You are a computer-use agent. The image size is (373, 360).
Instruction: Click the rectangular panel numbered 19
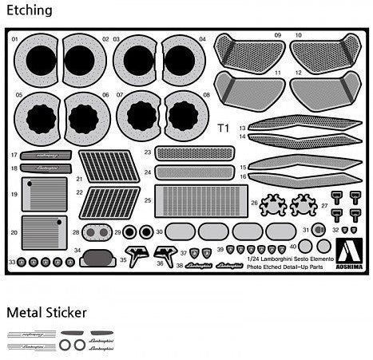click(x=44, y=194)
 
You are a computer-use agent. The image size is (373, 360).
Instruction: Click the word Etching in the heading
click(x=29, y=10)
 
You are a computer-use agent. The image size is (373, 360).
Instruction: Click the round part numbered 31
click(x=318, y=231)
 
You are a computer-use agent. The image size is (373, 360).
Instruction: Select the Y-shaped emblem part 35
click(x=138, y=255)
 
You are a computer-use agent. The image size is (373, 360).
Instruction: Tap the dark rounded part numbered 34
click(x=97, y=258)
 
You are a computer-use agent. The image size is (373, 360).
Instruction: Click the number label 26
click(x=254, y=203)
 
